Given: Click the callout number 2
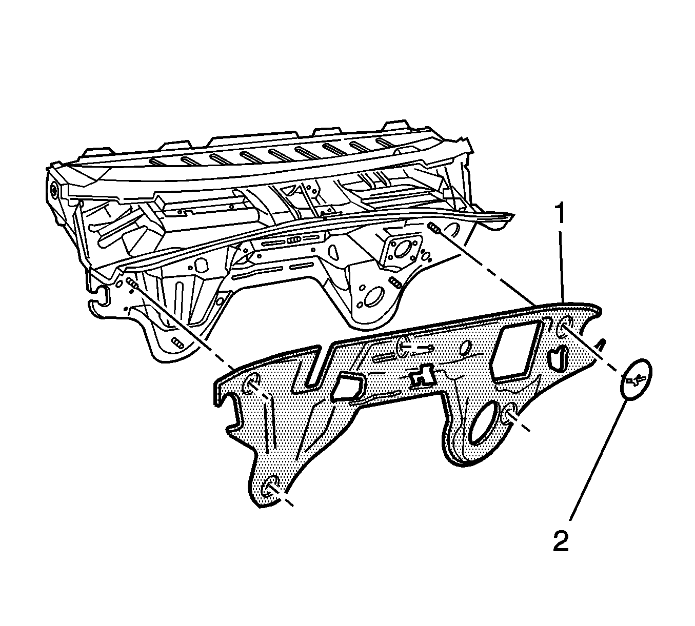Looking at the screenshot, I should (x=561, y=540).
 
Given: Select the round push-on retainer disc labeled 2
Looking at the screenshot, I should (x=635, y=378).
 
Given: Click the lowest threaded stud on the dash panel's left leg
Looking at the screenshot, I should (x=177, y=343).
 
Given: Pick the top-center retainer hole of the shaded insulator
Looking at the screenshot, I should (x=403, y=346).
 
